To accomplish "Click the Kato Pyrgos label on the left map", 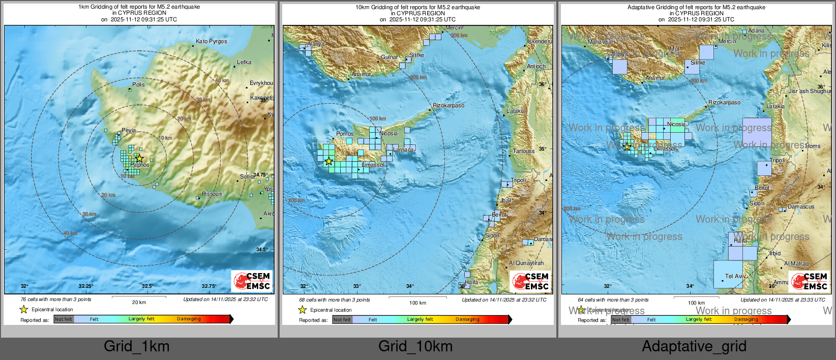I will click(x=211, y=41).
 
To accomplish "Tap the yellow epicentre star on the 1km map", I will click(x=139, y=159).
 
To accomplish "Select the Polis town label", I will click(x=138, y=84).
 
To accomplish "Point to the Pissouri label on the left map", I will click(x=212, y=194).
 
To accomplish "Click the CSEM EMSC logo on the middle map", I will click(x=530, y=281).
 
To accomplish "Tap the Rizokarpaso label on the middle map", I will click(x=448, y=105).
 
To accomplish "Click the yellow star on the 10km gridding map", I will click(x=329, y=161).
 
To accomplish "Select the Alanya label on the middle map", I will click(x=315, y=44).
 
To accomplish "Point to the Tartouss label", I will click(x=523, y=151).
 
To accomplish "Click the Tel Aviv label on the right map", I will click(x=735, y=276).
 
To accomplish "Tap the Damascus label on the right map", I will click(x=800, y=206).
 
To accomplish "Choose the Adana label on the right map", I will click(x=756, y=31).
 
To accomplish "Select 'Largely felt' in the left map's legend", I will click(x=141, y=319).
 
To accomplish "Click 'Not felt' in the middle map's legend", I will click(x=342, y=320).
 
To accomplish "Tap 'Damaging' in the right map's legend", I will click(x=745, y=319).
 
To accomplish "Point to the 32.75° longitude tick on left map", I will click(x=208, y=286).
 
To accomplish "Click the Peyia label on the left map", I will click(x=128, y=130).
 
